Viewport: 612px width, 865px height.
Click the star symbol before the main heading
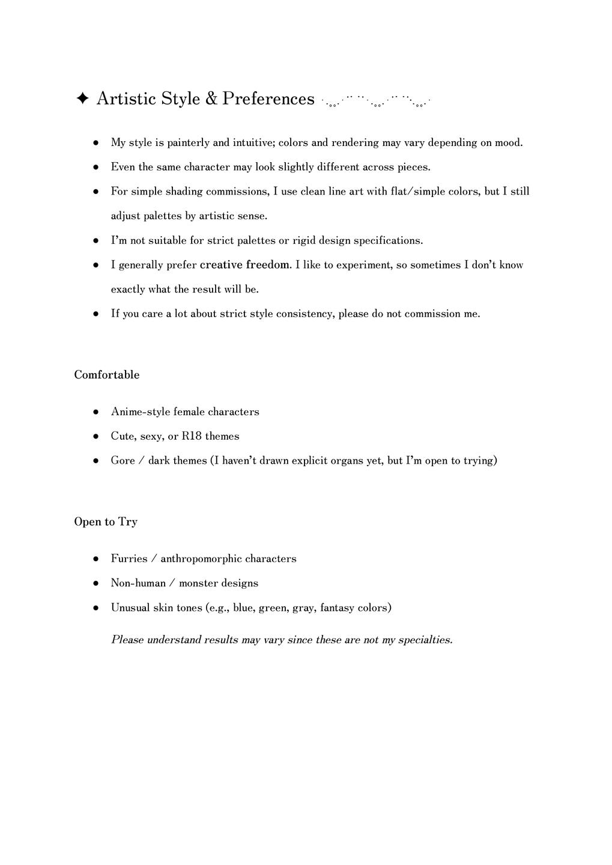(x=83, y=99)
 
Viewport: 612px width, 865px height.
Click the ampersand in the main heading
(x=211, y=99)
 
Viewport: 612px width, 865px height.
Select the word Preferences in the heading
(x=268, y=99)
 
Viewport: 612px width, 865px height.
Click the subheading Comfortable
(x=107, y=375)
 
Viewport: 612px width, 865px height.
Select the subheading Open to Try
(x=106, y=521)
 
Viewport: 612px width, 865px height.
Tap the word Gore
(x=123, y=461)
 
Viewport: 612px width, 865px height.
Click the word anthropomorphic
(x=201, y=559)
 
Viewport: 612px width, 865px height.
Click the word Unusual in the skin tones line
(x=130, y=608)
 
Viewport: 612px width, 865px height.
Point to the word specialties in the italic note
(x=427, y=640)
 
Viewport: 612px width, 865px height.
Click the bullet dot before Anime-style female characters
(x=96, y=412)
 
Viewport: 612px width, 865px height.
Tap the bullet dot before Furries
(x=96, y=559)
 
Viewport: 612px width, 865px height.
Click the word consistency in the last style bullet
(x=304, y=314)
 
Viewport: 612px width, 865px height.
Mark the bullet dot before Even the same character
(x=96, y=168)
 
